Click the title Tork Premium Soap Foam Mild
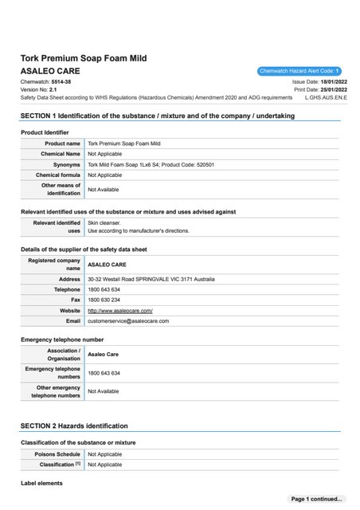click(x=84, y=58)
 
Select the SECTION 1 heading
click(x=158, y=116)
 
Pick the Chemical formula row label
click(x=58, y=175)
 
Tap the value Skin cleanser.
click(x=104, y=223)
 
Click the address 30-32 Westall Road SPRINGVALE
click(x=151, y=279)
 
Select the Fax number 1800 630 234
click(x=104, y=300)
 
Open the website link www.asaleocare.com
click(x=119, y=310)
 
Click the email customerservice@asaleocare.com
click(x=128, y=320)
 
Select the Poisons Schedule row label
click(x=57, y=453)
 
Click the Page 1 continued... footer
click(x=317, y=499)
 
